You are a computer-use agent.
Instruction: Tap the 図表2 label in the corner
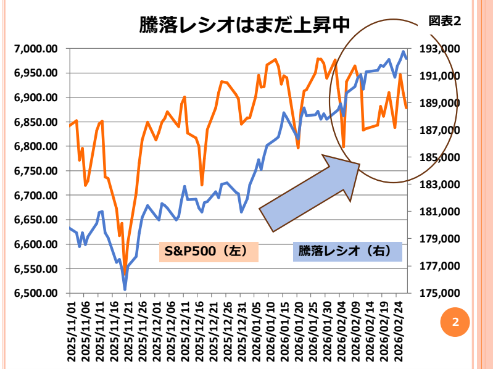pos(445,21)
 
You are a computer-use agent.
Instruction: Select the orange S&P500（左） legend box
pos(209,251)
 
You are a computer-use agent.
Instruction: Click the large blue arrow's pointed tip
pos(358,164)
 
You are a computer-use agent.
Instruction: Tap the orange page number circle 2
pos(455,322)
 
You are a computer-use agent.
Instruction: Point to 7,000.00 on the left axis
pos(35,49)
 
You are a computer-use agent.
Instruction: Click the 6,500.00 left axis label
pos(35,293)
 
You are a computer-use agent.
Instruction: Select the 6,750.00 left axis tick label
pos(35,171)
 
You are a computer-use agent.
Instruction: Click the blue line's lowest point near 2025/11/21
pos(125,289)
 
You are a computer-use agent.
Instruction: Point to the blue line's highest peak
pos(404,51)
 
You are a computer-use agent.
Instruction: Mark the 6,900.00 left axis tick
pos(35,97)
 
